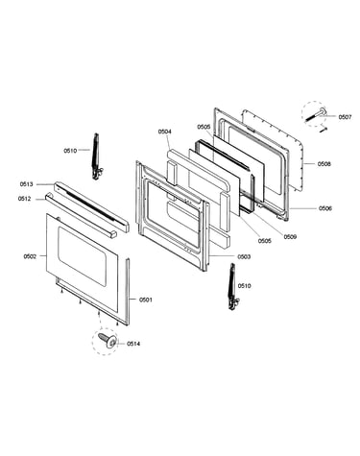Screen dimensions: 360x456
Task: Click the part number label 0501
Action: (x=146, y=300)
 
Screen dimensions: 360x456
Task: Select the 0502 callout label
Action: (x=30, y=256)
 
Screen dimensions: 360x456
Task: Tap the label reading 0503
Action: (x=244, y=256)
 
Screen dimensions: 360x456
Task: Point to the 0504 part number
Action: (x=165, y=132)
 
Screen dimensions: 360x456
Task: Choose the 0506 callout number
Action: (x=325, y=208)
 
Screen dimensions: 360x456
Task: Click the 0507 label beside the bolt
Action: (x=346, y=117)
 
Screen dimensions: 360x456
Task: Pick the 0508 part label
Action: (x=324, y=164)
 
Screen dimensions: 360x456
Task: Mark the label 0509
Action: (x=290, y=237)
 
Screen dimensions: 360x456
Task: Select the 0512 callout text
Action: (x=25, y=199)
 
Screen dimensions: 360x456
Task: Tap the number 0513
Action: (x=27, y=184)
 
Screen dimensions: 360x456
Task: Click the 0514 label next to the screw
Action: (x=133, y=344)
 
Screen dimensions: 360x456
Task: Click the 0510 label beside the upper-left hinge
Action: (x=70, y=151)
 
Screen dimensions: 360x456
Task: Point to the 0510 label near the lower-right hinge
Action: (x=245, y=286)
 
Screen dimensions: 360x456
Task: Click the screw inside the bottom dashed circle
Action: (x=108, y=341)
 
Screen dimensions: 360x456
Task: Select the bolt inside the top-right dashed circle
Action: (x=316, y=114)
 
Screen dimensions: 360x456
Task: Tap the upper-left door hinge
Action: (x=96, y=156)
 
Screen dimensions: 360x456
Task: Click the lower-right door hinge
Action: (x=233, y=287)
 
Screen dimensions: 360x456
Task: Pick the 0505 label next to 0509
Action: (x=265, y=241)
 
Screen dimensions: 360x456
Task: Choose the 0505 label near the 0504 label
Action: (x=204, y=127)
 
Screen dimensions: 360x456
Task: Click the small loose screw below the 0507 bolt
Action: (x=324, y=130)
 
